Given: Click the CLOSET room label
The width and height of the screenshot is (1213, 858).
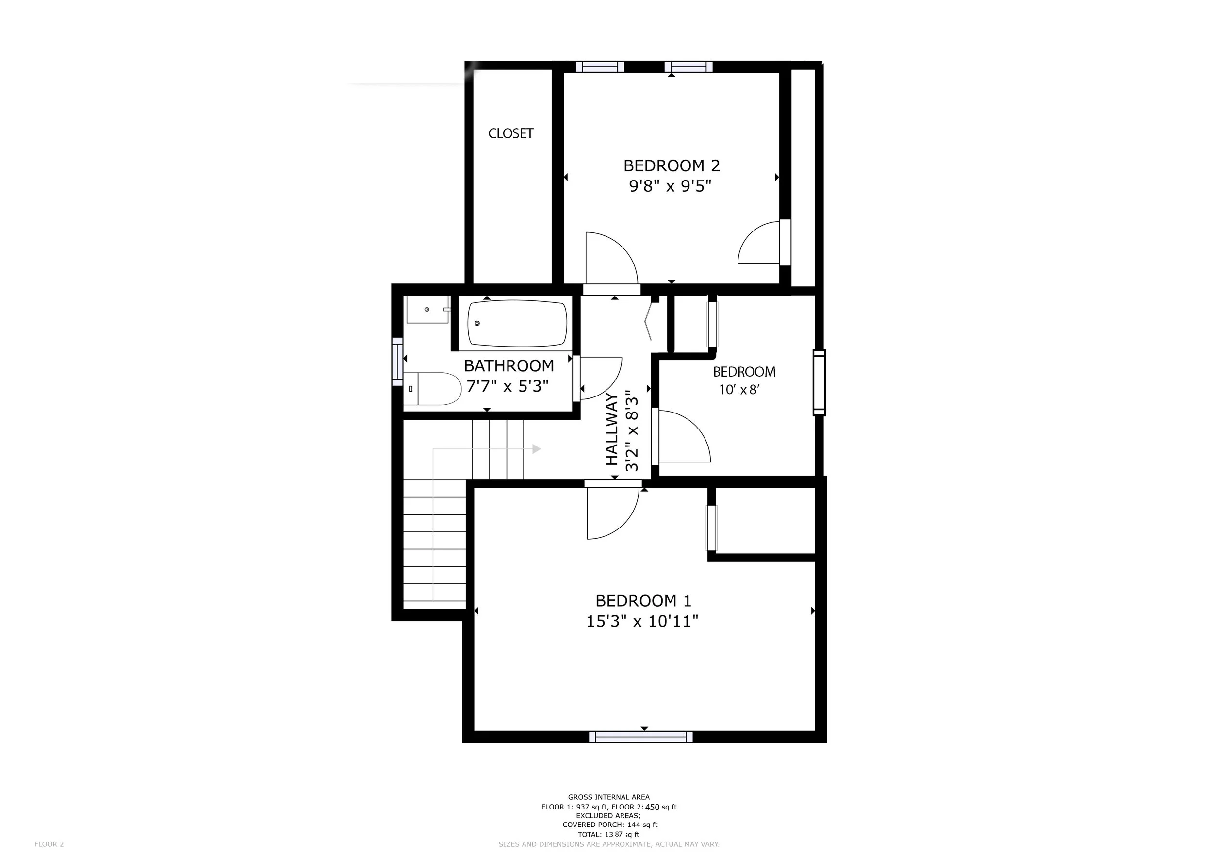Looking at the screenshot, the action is coord(510,133).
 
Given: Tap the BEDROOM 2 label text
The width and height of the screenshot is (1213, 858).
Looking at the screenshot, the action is coord(672,166).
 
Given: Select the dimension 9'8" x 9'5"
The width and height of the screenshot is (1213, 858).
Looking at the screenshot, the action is coord(671,186).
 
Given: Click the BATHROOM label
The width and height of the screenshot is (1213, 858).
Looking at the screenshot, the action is coord(509,365).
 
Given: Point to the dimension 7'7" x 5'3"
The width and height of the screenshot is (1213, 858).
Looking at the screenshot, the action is coord(507,386).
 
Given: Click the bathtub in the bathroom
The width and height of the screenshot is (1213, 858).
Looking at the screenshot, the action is coord(517,323).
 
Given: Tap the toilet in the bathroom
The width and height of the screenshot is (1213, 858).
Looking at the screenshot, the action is coord(432,389).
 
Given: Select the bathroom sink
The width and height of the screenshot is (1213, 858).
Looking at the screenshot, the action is coord(427,309).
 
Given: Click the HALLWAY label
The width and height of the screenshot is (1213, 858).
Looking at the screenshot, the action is coord(611,429).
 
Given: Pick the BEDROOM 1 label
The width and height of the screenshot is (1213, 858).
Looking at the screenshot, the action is coord(643,601).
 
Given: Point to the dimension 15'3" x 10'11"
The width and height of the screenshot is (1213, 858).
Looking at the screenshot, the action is coord(642,621).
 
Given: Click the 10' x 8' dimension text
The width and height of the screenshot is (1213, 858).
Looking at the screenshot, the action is coord(739,390).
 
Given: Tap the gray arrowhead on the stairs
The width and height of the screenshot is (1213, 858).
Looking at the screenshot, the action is coord(537,449).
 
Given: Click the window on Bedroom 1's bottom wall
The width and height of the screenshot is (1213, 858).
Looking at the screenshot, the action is coord(641,737).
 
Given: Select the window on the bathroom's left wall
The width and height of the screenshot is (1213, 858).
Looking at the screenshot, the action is coord(397,362).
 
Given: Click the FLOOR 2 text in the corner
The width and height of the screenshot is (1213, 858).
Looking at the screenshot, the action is coord(49,844).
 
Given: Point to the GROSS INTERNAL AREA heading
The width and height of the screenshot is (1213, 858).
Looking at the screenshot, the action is coord(608,797).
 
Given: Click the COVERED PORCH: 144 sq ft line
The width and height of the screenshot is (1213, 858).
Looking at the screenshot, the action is coord(610,825).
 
